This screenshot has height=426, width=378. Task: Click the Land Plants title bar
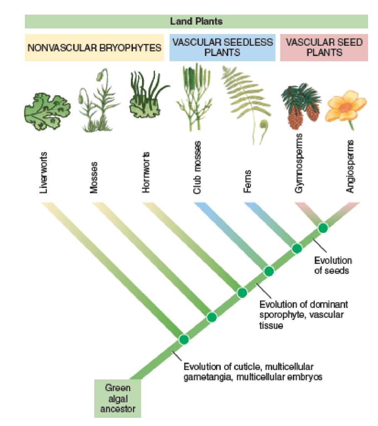point(196,21)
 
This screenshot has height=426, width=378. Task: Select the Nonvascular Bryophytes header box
point(94,47)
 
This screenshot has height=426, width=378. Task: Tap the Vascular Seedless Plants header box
point(223,47)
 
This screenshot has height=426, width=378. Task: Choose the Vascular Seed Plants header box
point(324,47)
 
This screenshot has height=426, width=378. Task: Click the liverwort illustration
point(46,110)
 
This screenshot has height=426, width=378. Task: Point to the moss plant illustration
point(98,104)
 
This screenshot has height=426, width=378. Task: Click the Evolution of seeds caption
point(333,266)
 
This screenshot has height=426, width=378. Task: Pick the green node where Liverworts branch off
point(184,339)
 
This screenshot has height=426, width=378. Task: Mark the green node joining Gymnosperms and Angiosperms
point(323,228)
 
